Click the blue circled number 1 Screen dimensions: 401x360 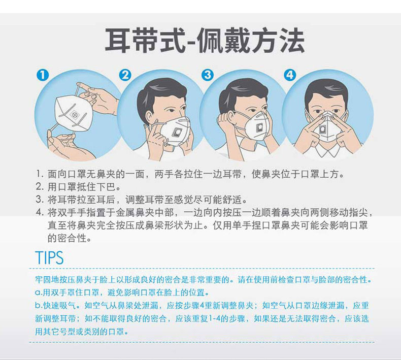(43, 75)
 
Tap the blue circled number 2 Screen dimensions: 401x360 (125, 75)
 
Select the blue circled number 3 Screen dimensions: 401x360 (208, 75)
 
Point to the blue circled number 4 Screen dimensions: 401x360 (290, 75)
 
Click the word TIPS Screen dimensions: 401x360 (49, 257)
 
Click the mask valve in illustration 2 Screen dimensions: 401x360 (177, 133)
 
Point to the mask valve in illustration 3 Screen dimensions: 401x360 (259, 127)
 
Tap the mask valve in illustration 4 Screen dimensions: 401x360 (322, 129)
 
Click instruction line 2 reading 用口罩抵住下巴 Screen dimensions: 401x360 (78, 187)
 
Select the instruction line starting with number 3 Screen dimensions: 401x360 (142, 200)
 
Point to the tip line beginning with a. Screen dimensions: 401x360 (122, 292)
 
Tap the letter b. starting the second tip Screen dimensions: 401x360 (39, 306)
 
